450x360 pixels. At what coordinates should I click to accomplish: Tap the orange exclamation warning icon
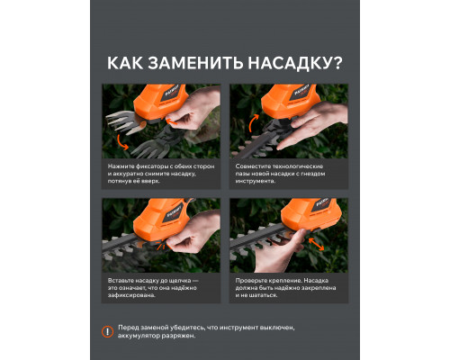pos(108,332)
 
